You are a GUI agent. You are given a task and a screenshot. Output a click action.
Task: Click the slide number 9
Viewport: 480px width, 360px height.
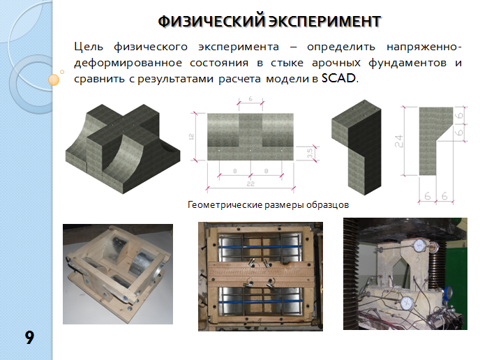pyautogui.click(x=29, y=338)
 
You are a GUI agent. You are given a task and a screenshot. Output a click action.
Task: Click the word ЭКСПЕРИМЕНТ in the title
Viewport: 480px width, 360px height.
pyautogui.click(x=325, y=22)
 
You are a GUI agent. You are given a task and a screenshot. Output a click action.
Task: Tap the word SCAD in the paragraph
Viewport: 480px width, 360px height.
pyautogui.click(x=339, y=78)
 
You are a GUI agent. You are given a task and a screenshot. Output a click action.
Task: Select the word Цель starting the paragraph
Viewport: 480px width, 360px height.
pyautogui.click(x=89, y=47)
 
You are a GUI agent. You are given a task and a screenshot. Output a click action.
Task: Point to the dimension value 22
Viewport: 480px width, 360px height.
pyautogui.click(x=250, y=183)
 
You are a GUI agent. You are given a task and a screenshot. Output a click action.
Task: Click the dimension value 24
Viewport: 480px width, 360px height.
pyautogui.click(x=399, y=141)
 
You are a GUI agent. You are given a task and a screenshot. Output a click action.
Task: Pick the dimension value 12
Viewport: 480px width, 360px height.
pyautogui.click(x=192, y=137)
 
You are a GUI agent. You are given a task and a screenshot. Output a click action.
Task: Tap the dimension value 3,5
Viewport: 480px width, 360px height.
pyautogui.click(x=310, y=153)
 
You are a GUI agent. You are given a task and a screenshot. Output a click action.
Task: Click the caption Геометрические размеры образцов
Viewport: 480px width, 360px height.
pyautogui.click(x=268, y=204)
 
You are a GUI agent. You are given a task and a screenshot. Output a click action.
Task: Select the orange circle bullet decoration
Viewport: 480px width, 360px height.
pyautogui.click(x=54, y=80)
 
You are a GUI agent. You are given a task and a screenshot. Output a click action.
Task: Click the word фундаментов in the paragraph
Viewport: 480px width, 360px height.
pyautogui.click(x=407, y=63)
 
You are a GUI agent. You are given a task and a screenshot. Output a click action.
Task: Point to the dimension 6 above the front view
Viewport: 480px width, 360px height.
pyautogui.click(x=250, y=99)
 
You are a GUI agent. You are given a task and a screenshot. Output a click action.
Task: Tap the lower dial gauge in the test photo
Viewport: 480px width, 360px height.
pyautogui.click(x=407, y=303)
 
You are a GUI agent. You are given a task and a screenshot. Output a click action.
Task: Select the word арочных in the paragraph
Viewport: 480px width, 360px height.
pyautogui.click(x=336, y=63)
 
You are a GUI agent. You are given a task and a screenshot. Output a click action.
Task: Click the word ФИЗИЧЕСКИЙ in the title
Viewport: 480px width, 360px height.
pyautogui.click(x=211, y=22)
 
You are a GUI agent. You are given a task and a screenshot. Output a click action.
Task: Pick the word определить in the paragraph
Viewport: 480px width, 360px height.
pyautogui.click(x=341, y=47)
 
